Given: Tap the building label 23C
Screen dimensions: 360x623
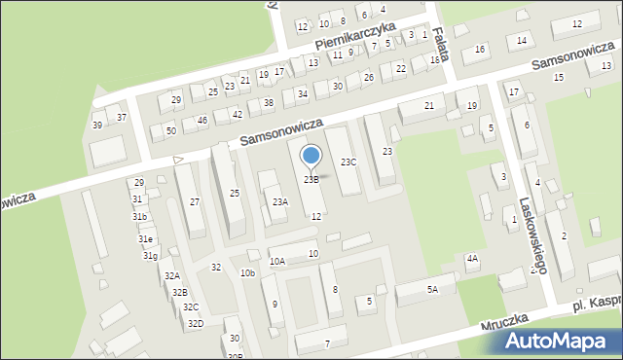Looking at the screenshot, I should pyautogui.click(x=348, y=162).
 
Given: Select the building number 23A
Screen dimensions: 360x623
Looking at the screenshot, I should pyautogui.click(x=280, y=201).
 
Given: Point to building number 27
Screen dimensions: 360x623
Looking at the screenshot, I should pyautogui.click(x=195, y=201).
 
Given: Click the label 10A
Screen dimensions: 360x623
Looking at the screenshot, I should pyautogui.click(x=277, y=261).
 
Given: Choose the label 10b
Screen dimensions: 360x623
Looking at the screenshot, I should pyautogui.click(x=247, y=273).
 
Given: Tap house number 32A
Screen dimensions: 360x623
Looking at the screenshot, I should pyautogui.click(x=172, y=276).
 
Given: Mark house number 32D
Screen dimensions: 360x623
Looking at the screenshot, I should pyautogui.click(x=196, y=323).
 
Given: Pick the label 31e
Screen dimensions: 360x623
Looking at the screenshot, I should pyautogui.click(x=145, y=238).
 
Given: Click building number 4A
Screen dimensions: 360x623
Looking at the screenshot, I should pyautogui.click(x=472, y=258).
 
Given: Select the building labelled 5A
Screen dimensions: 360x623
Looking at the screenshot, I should pyautogui.click(x=433, y=289).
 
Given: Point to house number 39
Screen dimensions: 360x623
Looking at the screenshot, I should pyautogui.click(x=97, y=125).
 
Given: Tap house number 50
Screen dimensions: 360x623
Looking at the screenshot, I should pyautogui.click(x=170, y=130).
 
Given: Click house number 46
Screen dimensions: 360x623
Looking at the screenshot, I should pyautogui.click(x=202, y=121).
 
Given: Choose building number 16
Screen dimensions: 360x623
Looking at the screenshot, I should pyautogui.click(x=479, y=49).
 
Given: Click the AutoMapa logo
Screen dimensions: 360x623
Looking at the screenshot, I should pyautogui.click(x=560, y=341).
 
